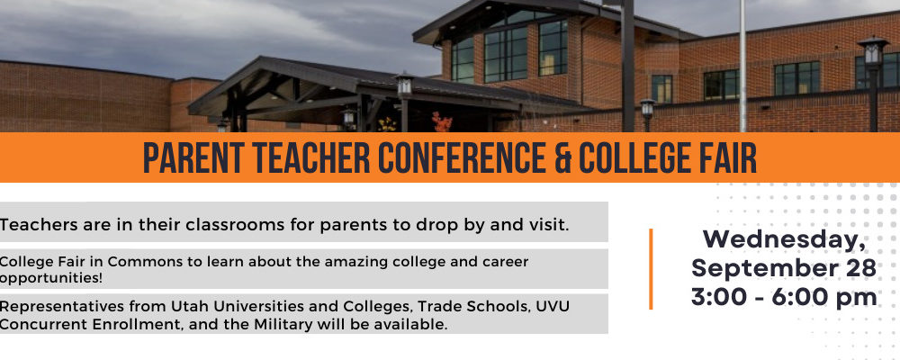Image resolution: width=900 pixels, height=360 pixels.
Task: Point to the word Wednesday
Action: [x=784, y=239]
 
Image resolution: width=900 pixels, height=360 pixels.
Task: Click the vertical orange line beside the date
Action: [x=651, y=269]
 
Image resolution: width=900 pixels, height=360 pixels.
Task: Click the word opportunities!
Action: [x=35, y=278]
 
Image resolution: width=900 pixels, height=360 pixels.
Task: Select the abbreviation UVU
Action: [x=553, y=306]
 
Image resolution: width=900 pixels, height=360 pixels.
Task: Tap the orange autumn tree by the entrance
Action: [x=441, y=121]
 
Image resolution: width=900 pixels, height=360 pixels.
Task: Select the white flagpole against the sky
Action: [x=742, y=66]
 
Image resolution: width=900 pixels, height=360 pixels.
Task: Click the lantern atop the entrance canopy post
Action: [x=404, y=85]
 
